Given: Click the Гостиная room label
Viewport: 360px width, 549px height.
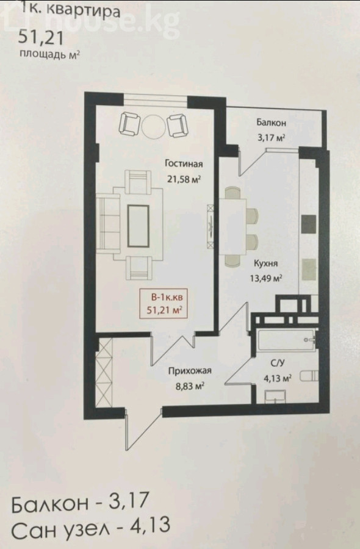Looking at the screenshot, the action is coord(184,164).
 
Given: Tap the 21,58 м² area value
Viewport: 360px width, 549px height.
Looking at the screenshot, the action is coord(184,179).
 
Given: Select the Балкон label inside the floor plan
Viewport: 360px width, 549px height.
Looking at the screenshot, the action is coord(271,123).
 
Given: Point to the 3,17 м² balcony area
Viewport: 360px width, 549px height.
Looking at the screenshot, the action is coord(271,137).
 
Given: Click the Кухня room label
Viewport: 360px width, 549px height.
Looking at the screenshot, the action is coord(265,264).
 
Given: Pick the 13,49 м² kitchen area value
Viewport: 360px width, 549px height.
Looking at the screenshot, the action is coord(266,278).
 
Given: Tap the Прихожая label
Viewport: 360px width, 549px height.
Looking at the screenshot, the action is coord(190,371).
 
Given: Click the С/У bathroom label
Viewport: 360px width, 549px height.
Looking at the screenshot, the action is coord(278,363).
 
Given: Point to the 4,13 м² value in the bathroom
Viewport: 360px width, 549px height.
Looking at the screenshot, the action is coord(278,378).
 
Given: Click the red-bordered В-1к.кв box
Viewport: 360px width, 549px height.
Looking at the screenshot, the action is coord(164,304).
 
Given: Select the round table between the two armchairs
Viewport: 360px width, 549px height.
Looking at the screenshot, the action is coord(153,126).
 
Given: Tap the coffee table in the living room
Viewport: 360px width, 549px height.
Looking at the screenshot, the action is coord(138,226).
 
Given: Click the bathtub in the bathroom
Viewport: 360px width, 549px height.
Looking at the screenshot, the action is coord(286,340).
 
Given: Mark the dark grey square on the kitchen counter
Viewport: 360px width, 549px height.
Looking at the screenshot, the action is coord(309,224).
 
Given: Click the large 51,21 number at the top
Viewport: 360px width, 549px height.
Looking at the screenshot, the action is coord(41,37).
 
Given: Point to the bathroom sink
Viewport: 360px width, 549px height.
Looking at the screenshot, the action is coord(275,397).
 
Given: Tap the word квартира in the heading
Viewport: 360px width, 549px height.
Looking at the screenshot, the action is coord(84,10).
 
